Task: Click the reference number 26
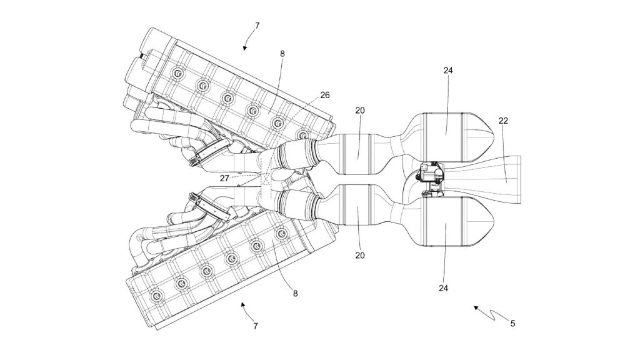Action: (x=324, y=95)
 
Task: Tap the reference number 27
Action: (x=224, y=178)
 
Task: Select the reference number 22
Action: (x=503, y=121)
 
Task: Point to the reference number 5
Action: (x=512, y=324)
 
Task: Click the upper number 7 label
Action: (x=257, y=26)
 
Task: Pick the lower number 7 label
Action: (x=256, y=326)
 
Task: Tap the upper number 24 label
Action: (x=448, y=71)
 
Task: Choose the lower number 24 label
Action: (x=444, y=288)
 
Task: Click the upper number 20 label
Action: (x=359, y=110)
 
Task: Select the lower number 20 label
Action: (x=359, y=256)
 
